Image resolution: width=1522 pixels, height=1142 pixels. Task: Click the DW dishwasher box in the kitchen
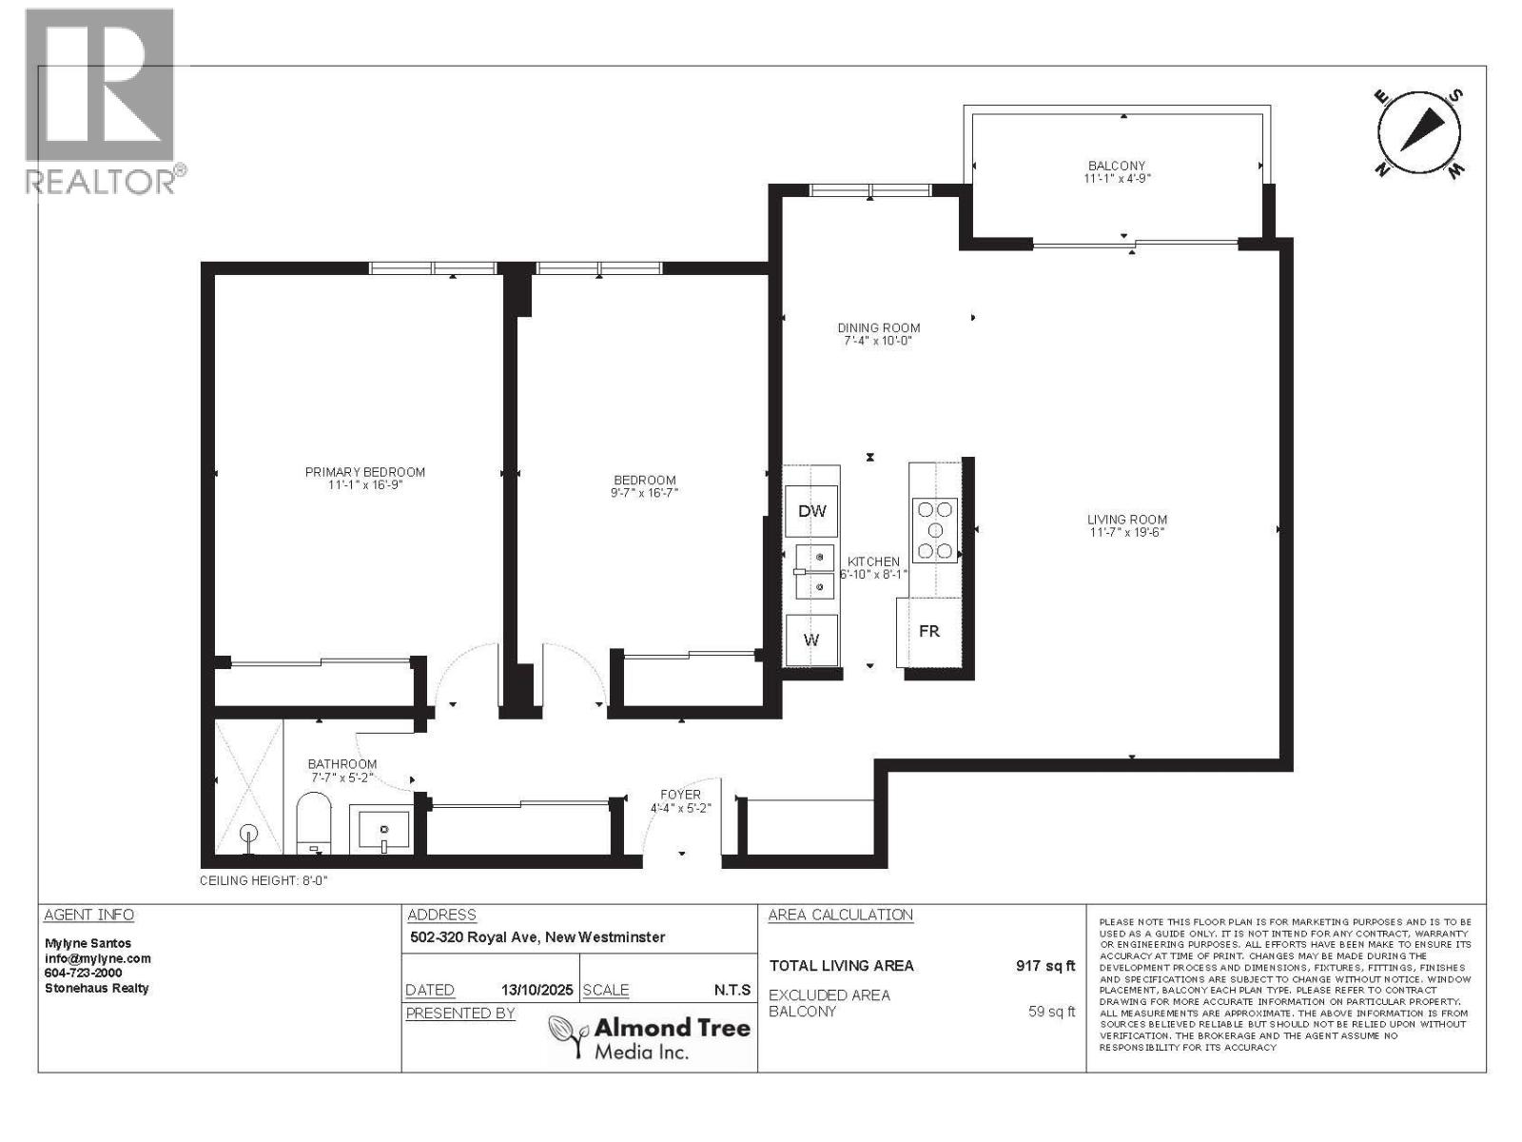(811, 511)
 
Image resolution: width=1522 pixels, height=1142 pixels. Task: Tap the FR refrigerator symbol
(928, 631)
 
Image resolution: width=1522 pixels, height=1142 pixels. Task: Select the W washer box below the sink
(811, 640)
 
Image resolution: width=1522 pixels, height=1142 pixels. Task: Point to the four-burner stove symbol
(934, 530)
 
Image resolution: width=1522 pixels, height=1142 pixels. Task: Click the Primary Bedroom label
(364, 472)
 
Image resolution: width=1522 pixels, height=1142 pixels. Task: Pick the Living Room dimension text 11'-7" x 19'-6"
(1127, 533)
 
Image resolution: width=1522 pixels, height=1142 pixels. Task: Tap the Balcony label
(1117, 166)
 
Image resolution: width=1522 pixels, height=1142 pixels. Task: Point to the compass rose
(1418, 134)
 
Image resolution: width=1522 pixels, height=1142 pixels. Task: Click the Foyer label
(680, 795)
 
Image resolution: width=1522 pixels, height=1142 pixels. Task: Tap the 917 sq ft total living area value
(1044, 966)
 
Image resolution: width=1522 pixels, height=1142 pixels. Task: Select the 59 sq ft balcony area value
(1051, 1012)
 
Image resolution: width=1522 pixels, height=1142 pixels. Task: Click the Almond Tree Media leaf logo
(569, 1035)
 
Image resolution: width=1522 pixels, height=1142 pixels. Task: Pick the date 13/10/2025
(537, 990)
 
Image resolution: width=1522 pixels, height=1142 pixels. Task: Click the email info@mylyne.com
(98, 958)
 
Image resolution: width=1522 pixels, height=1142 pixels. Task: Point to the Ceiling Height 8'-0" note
(263, 881)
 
